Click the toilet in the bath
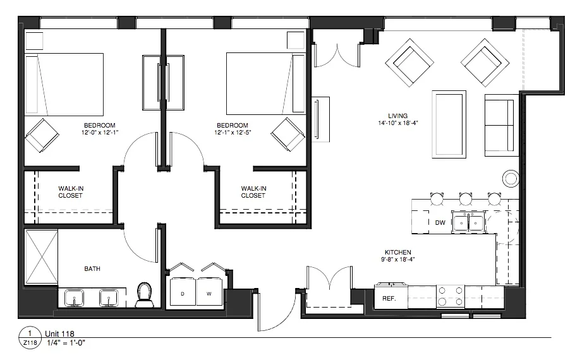tap(145, 294)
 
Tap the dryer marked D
tap(183, 292)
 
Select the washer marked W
tap(209, 292)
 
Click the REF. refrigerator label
tap(389, 299)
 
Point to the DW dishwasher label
tap(440, 223)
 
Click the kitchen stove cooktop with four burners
tap(451, 296)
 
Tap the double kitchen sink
tap(469, 222)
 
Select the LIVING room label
tap(397, 116)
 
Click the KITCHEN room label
tap(398, 253)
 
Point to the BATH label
tap(92, 268)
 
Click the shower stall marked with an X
tap(41, 257)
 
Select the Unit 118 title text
tap(59, 333)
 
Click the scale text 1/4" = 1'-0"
tap(66, 342)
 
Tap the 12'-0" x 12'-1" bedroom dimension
tap(100, 132)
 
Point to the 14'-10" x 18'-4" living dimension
tap(398, 123)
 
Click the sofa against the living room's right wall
tap(502, 125)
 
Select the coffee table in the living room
tap(449, 124)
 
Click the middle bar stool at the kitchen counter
tap(466, 198)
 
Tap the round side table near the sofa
tap(511, 179)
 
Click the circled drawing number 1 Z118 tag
tap(30, 338)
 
